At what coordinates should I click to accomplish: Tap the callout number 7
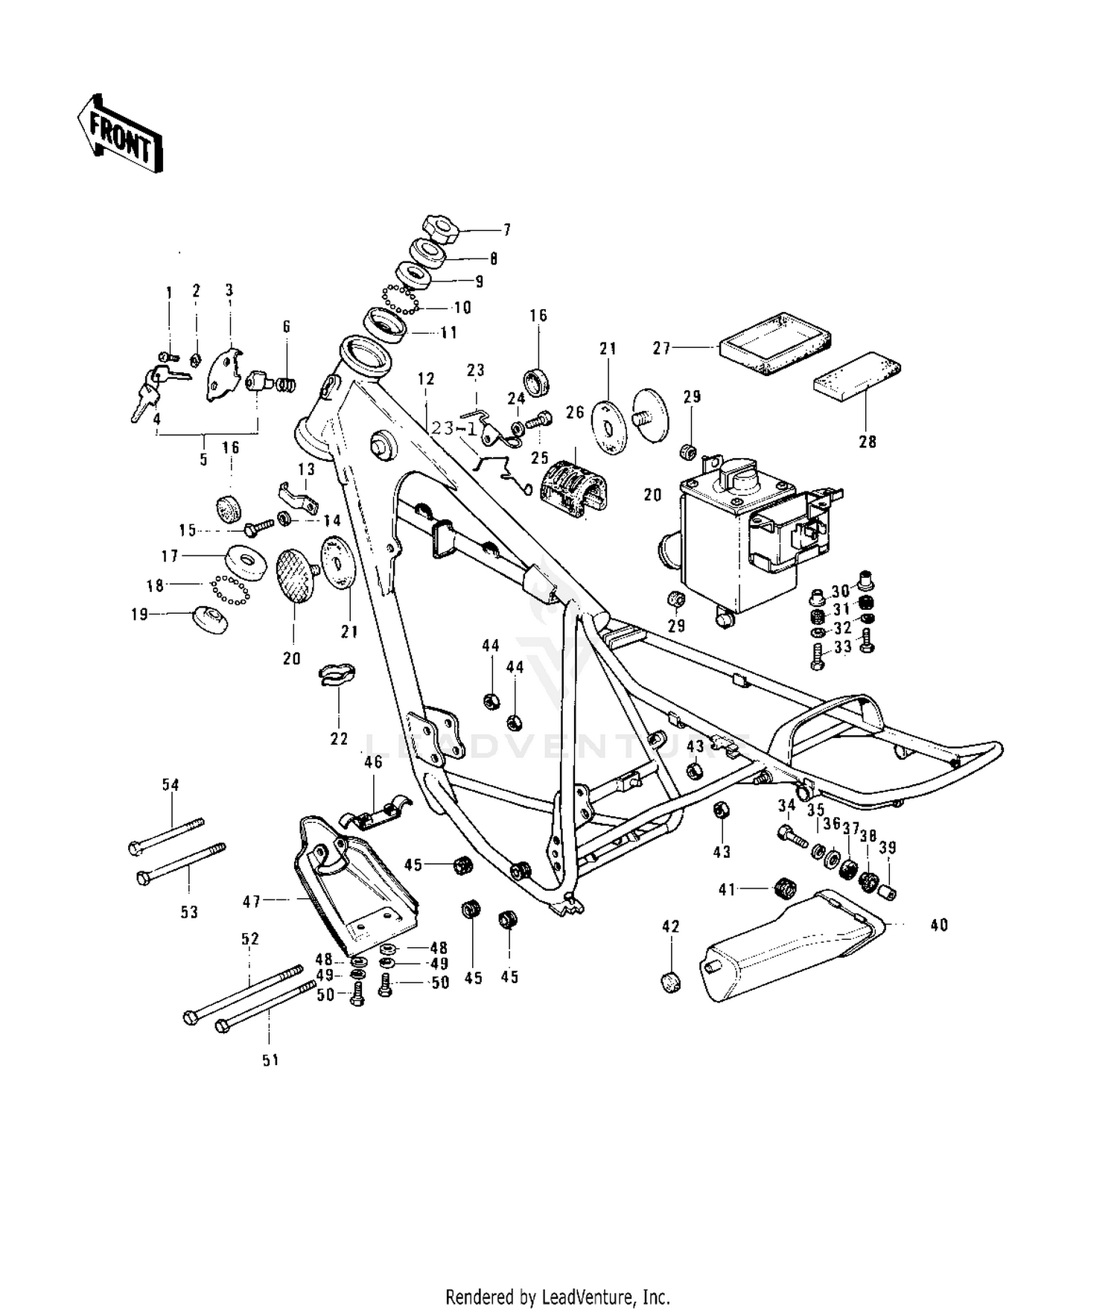pyautogui.click(x=507, y=230)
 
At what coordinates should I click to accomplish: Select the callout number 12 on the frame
pyautogui.click(x=426, y=379)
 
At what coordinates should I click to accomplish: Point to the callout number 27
pyautogui.click(x=662, y=348)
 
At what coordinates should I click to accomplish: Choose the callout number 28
pyautogui.click(x=868, y=442)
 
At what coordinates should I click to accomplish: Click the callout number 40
pyautogui.click(x=940, y=924)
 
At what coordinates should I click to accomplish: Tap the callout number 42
pyautogui.click(x=671, y=926)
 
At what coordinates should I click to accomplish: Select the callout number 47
pyautogui.click(x=252, y=902)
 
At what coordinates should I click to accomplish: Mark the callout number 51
pyautogui.click(x=270, y=1059)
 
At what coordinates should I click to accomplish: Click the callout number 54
pyautogui.click(x=171, y=784)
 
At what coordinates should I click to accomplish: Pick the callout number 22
pyautogui.click(x=339, y=739)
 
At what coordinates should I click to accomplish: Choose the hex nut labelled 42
pyautogui.click(x=670, y=981)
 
